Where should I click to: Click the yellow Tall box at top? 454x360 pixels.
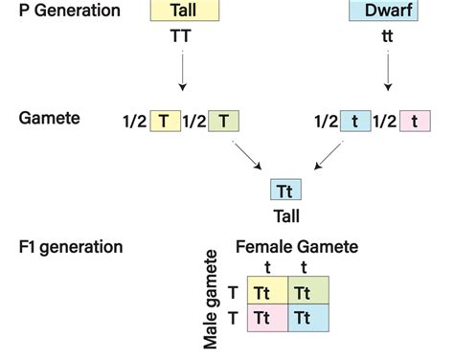tap(185, 11)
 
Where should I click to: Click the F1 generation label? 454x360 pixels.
tap(71, 247)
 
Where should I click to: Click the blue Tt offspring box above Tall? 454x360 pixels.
tap(285, 191)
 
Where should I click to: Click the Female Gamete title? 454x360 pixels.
tap(296, 247)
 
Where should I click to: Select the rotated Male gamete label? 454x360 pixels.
tap(213, 300)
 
